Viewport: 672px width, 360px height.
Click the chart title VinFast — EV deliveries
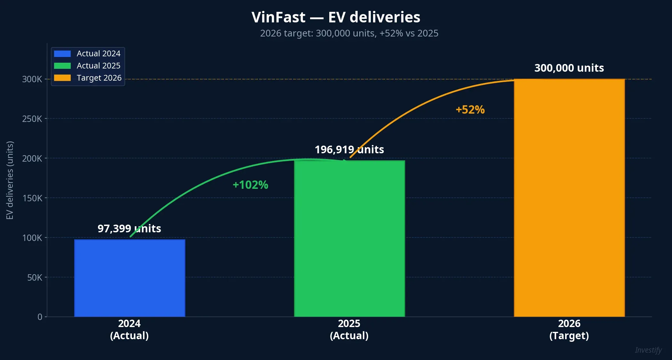point(336,17)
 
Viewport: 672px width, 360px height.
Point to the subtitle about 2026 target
point(349,33)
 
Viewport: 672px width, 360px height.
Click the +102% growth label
point(250,185)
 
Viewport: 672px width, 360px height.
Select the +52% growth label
point(470,110)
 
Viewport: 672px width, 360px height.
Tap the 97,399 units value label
point(129,228)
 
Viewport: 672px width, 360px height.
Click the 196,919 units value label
point(349,149)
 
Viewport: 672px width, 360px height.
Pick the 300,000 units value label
point(569,68)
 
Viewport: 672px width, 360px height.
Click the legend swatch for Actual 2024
point(62,53)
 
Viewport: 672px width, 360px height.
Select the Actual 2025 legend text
point(99,66)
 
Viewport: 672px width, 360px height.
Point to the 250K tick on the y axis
point(32,119)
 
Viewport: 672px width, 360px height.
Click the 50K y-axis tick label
point(35,277)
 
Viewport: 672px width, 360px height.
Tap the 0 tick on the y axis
point(40,317)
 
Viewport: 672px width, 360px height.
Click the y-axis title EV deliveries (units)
point(10,180)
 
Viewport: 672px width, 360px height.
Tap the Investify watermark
point(648,350)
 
